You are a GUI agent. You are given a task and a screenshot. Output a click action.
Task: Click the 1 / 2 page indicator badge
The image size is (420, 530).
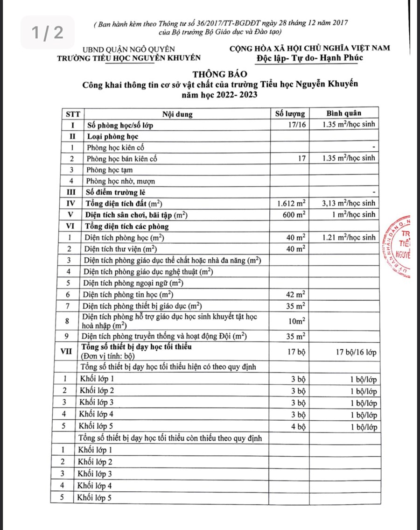point(47,32)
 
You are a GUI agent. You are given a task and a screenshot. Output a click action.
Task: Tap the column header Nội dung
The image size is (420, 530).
point(177,113)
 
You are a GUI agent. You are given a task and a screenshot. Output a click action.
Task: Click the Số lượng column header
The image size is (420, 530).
point(290,113)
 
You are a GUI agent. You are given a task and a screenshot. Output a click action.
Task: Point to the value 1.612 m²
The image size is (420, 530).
point(291,204)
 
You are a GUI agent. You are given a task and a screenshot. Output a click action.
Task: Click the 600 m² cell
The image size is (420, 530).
point(294,215)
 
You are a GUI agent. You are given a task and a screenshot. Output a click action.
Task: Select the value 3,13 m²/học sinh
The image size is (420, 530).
point(349,204)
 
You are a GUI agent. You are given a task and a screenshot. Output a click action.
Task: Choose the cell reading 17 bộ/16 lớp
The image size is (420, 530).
point(356,352)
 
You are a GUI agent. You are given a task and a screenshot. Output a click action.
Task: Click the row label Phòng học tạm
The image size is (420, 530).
point(109,170)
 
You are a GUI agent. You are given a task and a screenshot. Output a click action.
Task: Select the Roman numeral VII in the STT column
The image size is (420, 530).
point(67,352)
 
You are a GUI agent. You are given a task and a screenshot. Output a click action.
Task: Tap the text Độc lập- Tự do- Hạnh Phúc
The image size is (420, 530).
point(309,58)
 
